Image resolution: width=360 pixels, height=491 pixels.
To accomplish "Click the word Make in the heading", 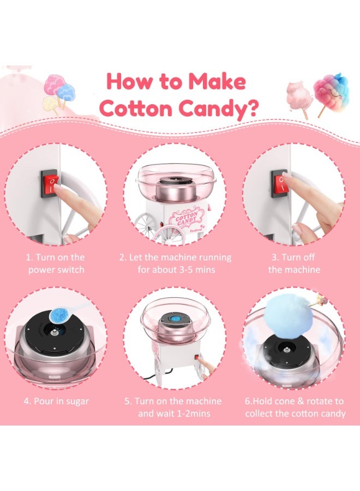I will (217, 81).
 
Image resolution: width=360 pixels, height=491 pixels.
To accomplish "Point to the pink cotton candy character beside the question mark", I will (298, 96).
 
